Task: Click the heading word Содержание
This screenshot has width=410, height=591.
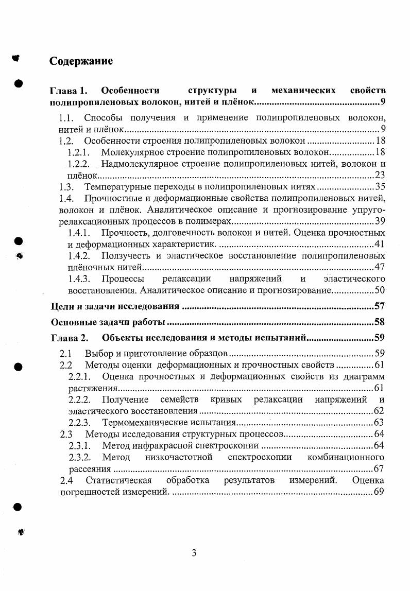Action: pyautogui.click(x=81, y=61)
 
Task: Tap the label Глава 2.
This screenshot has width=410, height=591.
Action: pyautogui.click(x=70, y=338)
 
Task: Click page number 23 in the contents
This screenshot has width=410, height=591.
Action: pyautogui.click(x=380, y=176)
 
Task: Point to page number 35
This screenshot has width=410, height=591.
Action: pyautogui.click(x=380, y=187)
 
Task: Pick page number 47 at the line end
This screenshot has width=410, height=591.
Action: pyautogui.click(x=380, y=267)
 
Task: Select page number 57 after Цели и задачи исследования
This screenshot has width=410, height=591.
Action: pyautogui.click(x=380, y=307)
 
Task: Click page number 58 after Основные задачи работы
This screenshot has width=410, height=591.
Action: pyautogui.click(x=380, y=323)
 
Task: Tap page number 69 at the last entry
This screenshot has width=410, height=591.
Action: pyautogui.click(x=380, y=492)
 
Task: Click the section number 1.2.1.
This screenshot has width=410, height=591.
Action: pyautogui.click(x=79, y=152)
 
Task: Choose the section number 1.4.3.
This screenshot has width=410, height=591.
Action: pyautogui.click(x=79, y=279)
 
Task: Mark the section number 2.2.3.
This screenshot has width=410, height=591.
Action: pyautogui.click(x=80, y=423)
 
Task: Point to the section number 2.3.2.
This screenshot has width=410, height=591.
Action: pyautogui.click(x=80, y=457)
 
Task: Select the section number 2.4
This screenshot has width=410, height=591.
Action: pyautogui.click(x=66, y=480)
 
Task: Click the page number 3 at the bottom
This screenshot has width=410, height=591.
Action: pyautogui.click(x=194, y=553)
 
